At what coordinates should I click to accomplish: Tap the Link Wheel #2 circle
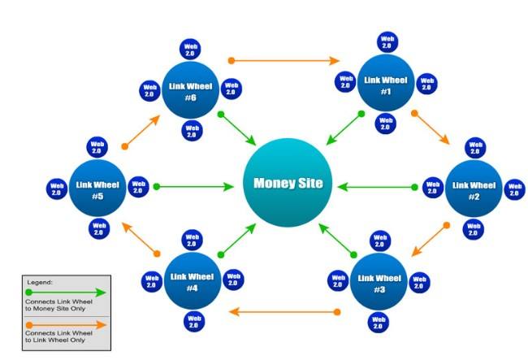pos(473,189)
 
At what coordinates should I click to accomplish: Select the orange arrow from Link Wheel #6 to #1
pos(284,60)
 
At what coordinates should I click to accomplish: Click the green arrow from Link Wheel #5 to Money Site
pos(195,186)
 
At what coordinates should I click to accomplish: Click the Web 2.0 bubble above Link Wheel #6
pos(189,49)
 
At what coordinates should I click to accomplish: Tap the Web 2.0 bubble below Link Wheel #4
pos(193,321)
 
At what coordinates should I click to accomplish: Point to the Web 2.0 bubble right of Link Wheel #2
pos(515,189)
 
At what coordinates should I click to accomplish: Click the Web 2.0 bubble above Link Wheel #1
pos(387,42)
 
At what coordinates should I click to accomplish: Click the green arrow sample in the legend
pos(65,292)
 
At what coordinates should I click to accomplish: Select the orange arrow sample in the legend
pos(65,324)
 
